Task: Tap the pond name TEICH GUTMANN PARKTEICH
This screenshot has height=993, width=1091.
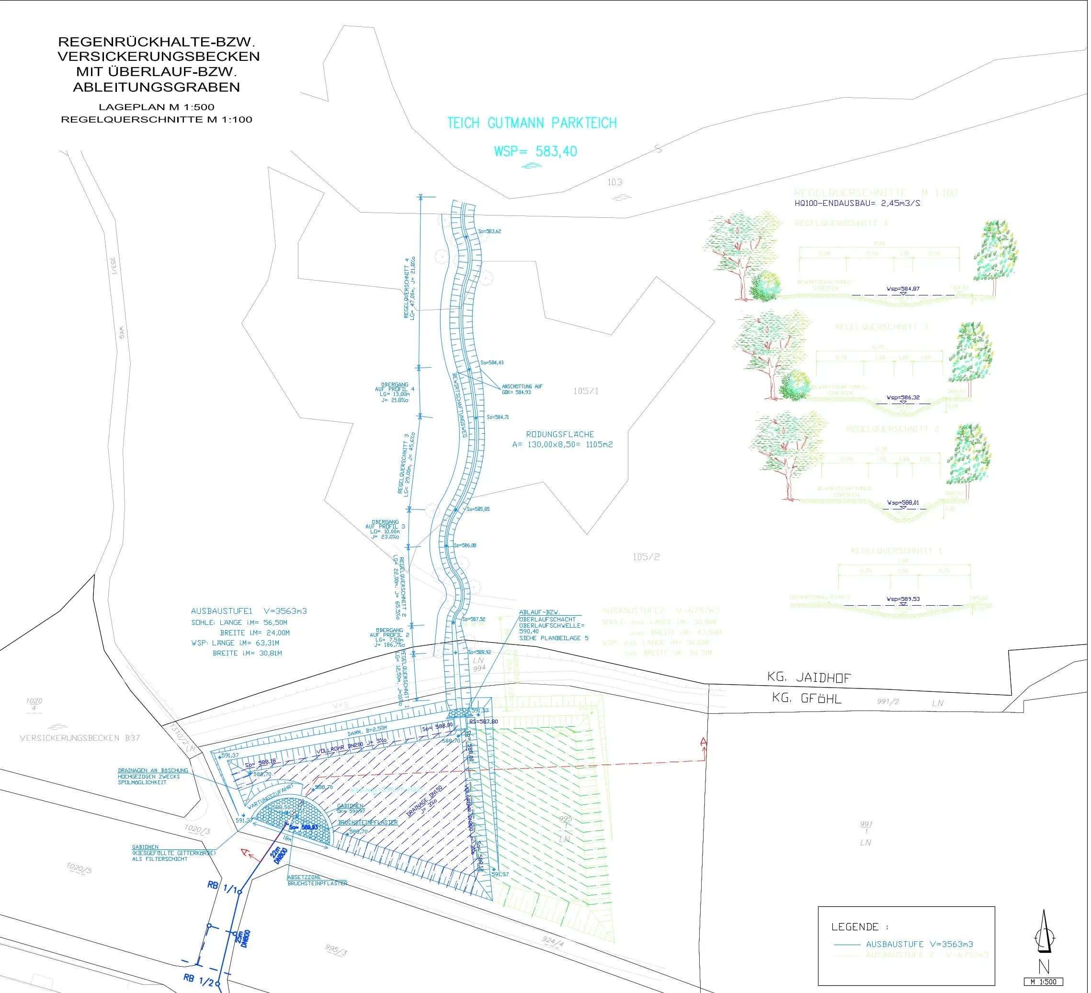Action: [x=533, y=124]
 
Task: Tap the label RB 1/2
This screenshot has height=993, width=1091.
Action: [x=199, y=980]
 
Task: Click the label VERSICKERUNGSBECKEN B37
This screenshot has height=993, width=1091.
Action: [x=80, y=738]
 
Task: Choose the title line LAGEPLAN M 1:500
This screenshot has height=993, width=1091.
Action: [x=157, y=107]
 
